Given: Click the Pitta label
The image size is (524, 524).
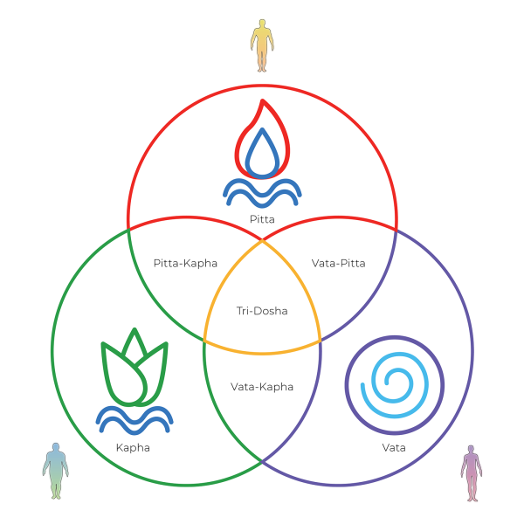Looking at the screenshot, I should click(262, 219).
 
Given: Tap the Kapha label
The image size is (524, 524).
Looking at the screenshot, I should click(133, 447).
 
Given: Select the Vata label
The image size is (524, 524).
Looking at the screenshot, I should click(393, 447).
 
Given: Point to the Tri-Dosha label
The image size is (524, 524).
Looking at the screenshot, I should click(262, 310).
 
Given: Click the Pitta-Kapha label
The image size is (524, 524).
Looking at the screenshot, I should click(185, 263).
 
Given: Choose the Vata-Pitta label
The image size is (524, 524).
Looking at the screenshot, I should click(338, 263).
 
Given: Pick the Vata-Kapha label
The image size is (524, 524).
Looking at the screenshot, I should click(262, 386).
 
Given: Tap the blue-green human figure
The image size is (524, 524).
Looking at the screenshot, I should click(56, 470).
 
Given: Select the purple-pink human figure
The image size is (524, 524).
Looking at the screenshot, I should click(472, 472).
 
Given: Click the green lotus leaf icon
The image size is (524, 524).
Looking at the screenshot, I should click(134, 371).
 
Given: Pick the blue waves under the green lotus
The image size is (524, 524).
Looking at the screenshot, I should click(134, 419).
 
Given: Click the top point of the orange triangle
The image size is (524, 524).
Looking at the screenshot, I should click(262, 240).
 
